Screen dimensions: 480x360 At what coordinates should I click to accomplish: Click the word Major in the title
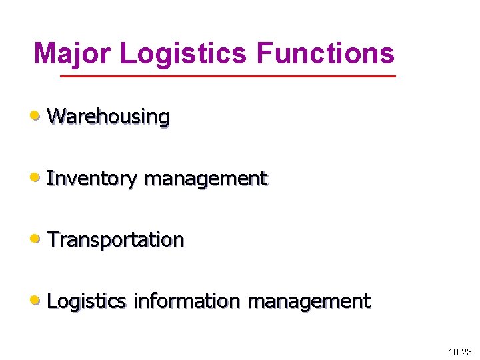[x=71, y=53]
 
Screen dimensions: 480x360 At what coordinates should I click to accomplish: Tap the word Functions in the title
[x=325, y=53]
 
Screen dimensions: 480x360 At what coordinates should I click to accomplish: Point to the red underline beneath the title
[x=227, y=77]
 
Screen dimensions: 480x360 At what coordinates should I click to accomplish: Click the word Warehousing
[x=108, y=117]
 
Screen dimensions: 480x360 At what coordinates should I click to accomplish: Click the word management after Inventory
[x=205, y=179]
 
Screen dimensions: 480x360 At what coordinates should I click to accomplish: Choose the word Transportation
[x=115, y=239]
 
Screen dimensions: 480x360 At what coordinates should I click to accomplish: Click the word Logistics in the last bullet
[x=87, y=301]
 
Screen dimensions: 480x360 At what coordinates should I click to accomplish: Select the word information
[x=186, y=301]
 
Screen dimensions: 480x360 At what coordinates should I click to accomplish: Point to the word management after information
[x=309, y=301]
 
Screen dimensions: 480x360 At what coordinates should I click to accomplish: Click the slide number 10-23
[x=459, y=351]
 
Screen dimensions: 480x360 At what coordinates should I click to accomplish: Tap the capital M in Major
[x=45, y=53]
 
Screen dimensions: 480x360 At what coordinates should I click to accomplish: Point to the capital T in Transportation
[x=53, y=239]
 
